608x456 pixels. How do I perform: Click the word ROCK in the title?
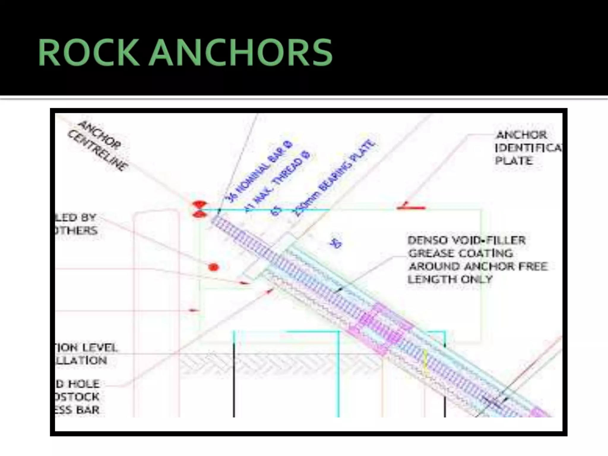coord(88,53)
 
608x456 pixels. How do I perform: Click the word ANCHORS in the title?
coord(240,53)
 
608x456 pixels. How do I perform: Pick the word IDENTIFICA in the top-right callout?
coord(528,148)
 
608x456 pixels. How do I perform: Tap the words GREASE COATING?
coord(460,253)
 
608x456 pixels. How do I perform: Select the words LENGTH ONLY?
coord(450,279)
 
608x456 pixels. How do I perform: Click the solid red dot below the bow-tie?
coord(213,267)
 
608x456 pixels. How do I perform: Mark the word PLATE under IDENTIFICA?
coord(514,161)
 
